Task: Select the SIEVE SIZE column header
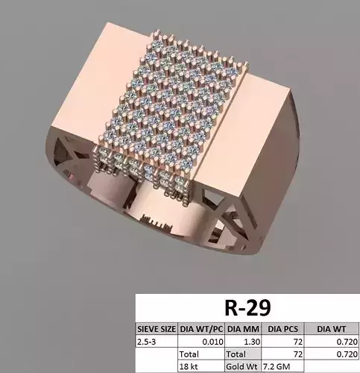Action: pyautogui.click(x=157, y=327)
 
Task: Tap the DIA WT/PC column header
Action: pyautogui.click(x=200, y=327)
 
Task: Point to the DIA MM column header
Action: pyautogui.click(x=242, y=327)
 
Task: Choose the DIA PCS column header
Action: pyautogui.click(x=281, y=327)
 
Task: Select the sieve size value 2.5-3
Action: pyautogui.click(x=148, y=340)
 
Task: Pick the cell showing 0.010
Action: pyautogui.click(x=208, y=340)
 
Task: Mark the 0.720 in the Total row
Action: pyautogui.click(x=346, y=354)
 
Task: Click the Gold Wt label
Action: pyautogui.click(x=242, y=366)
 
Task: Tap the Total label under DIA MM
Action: pyautogui.click(x=237, y=354)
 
